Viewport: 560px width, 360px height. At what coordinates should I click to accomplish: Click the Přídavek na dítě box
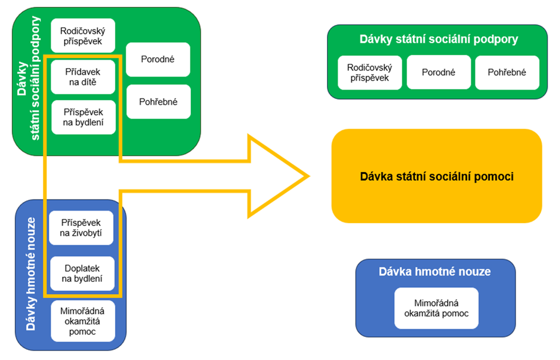click(x=83, y=77)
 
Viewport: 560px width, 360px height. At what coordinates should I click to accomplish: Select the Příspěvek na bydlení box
click(x=83, y=117)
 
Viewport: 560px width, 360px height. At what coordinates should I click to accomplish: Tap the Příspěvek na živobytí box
click(x=82, y=228)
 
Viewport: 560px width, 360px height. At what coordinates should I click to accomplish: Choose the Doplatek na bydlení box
click(x=82, y=273)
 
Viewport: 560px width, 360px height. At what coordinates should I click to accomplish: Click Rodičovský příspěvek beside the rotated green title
click(x=83, y=36)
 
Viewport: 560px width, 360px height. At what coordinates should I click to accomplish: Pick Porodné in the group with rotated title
click(x=158, y=59)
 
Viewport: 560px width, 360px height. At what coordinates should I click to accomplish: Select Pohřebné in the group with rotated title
click(x=158, y=101)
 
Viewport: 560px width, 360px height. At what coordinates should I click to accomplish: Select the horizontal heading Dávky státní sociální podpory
click(x=438, y=40)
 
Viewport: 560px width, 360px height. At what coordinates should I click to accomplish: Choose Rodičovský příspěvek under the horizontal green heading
click(x=370, y=72)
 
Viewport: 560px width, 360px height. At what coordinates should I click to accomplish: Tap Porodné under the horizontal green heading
click(x=439, y=72)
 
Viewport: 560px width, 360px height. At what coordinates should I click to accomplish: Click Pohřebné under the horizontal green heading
click(x=507, y=72)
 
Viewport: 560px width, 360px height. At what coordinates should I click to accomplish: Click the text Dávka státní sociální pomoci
click(x=437, y=176)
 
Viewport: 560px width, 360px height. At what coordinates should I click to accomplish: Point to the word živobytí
click(x=82, y=234)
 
